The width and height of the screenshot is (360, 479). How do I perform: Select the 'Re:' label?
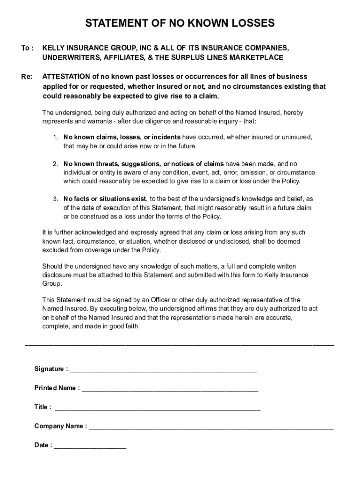click(27, 77)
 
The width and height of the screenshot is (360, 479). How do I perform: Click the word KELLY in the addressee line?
click(53, 48)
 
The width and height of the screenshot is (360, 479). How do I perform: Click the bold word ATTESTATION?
click(66, 77)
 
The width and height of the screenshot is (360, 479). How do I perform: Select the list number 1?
click(55, 137)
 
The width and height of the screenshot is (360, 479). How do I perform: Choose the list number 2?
click(55, 164)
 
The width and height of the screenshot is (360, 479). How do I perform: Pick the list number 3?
click(55, 199)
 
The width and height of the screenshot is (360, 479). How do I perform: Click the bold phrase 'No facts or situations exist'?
click(105, 199)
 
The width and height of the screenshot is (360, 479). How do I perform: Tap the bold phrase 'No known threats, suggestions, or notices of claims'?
click(144, 164)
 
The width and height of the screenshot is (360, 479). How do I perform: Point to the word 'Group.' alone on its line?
click(52, 284)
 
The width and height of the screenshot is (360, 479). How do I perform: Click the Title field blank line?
click(158, 408)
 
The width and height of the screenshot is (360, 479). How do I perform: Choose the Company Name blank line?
click(211, 427)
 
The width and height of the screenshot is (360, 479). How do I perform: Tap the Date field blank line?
click(90, 446)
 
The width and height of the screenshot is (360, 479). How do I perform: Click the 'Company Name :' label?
click(60, 426)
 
